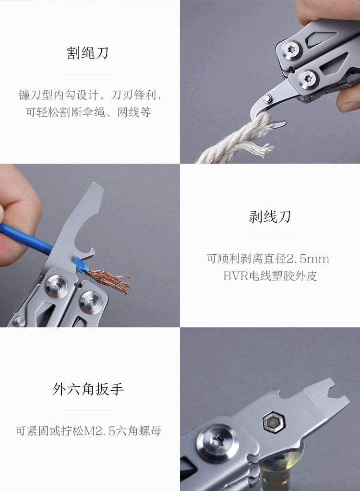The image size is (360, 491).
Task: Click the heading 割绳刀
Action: click(88, 53)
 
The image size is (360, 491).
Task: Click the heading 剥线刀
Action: click(270, 216)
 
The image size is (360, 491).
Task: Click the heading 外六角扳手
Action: click(88, 389)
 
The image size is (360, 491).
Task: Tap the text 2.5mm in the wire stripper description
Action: click(308, 259)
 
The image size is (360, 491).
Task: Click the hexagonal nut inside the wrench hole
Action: click(273, 423)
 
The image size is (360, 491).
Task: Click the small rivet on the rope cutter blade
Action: click(267, 99)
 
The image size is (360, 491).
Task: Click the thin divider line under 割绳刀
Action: click(88, 74)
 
